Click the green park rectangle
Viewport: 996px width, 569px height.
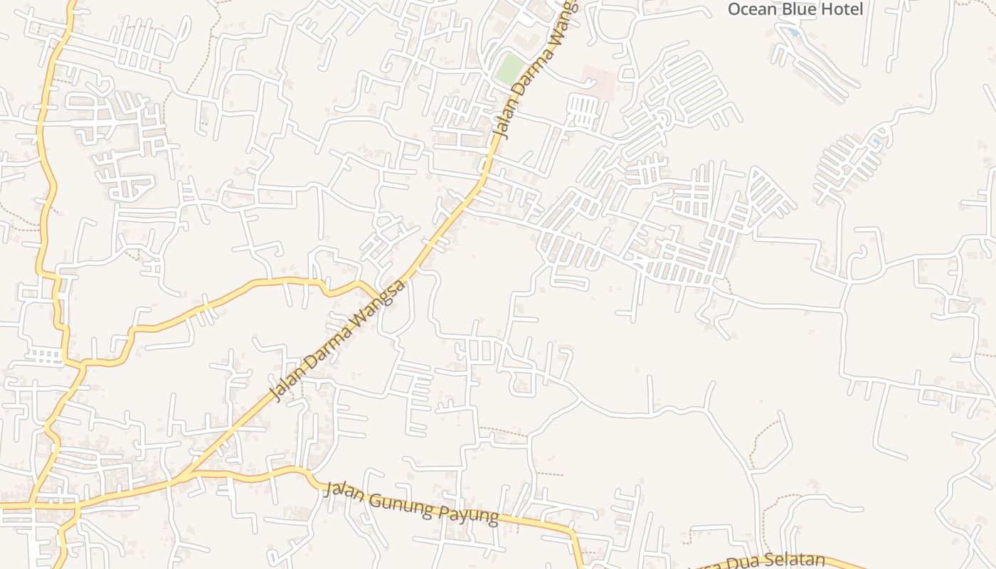pyautogui.click(x=509, y=69)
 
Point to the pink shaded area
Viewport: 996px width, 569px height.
pyautogui.click(x=599, y=82)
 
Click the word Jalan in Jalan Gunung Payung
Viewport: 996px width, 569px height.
pyautogui.click(x=344, y=491)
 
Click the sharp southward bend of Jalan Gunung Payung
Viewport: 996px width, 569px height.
pyautogui.click(x=572, y=531)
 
